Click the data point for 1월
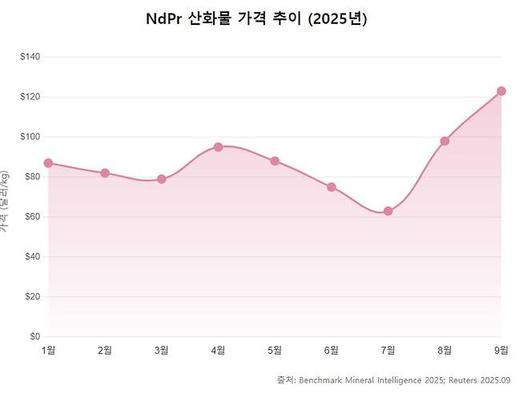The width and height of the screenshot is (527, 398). click(48, 163)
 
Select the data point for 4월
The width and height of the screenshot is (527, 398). click(218, 147)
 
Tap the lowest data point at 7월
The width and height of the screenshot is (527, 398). click(388, 211)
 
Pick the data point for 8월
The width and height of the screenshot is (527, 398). click(445, 141)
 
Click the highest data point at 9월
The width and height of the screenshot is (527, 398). click(501, 91)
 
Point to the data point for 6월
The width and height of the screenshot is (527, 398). click(332, 187)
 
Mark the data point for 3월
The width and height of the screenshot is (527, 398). click(162, 179)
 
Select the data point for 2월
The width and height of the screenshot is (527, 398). click(105, 173)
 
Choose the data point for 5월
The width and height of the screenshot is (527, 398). click(275, 161)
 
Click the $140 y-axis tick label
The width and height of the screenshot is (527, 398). click(31, 57)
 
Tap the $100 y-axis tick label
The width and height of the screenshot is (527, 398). click(31, 137)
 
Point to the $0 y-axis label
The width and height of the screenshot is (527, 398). click(35, 336)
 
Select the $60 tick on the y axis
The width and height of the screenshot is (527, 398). click(33, 217)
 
